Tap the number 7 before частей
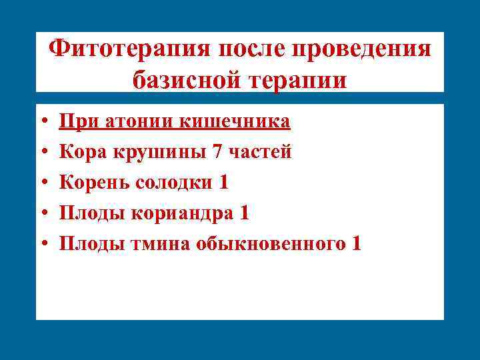[x=217, y=152]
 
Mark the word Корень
[x=95, y=183]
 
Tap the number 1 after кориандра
[x=244, y=213]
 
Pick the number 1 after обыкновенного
[x=356, y=244]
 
